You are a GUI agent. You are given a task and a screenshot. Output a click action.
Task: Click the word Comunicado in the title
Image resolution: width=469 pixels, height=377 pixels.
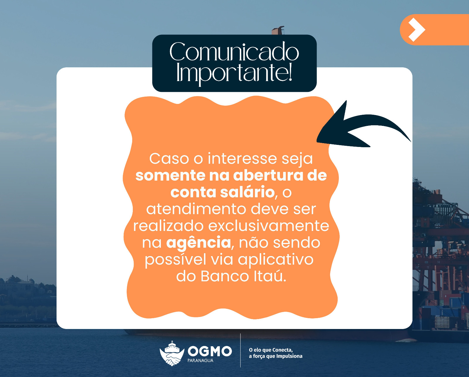pos(234,52)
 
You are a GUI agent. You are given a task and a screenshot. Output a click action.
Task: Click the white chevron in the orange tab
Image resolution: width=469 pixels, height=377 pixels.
pos(416,30)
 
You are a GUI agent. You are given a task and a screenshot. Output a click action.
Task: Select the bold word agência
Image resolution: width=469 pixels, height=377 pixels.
pos(198,243)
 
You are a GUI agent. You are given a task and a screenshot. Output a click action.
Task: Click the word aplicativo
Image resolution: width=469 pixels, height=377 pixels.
pos(276,259)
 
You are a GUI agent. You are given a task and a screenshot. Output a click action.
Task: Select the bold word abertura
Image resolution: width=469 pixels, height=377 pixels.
pos(268,175)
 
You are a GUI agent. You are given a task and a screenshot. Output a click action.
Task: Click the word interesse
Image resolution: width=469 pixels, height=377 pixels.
pos(242,159)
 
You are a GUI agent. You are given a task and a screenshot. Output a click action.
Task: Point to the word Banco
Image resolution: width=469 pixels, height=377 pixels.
pos(225,276)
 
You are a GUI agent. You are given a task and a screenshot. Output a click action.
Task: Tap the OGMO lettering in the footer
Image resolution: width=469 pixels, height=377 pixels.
pos(210,351)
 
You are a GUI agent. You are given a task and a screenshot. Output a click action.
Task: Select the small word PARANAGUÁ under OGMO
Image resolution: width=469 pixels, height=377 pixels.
pos(200,361)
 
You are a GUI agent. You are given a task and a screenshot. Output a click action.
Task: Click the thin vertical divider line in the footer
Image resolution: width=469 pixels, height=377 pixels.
pos(240,350)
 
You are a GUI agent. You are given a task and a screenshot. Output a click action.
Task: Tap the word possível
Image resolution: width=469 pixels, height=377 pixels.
pos(175,259)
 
